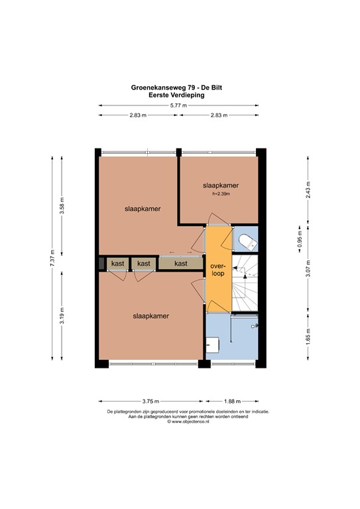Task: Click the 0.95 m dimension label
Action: pos(299,238)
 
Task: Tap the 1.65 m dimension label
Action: pos(308,335)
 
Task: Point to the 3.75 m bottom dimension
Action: pos(151,401)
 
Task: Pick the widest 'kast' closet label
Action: pos(180,263)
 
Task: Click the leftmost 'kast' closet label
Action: pos(118,263)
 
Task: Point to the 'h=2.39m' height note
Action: pos(220,194)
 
